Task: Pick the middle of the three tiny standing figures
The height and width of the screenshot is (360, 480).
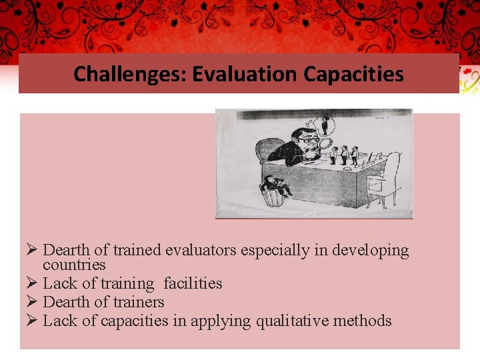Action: coord(344,155)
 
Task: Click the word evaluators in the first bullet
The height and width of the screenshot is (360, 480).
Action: coord(200,251)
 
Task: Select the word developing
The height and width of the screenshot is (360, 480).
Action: coord(371,251)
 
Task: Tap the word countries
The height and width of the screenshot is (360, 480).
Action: coord(74,264)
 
